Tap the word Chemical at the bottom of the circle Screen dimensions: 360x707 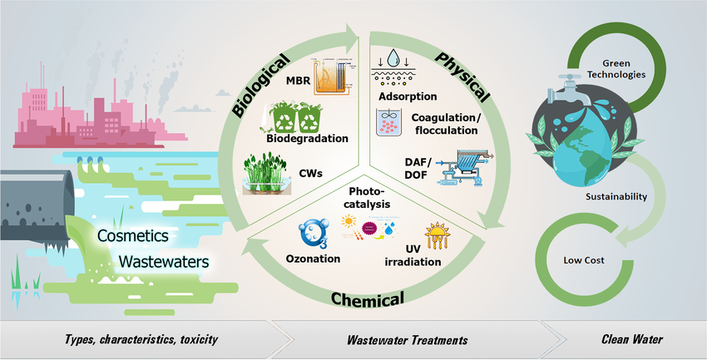click(367, 298)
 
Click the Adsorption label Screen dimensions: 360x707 click(408, 96)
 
